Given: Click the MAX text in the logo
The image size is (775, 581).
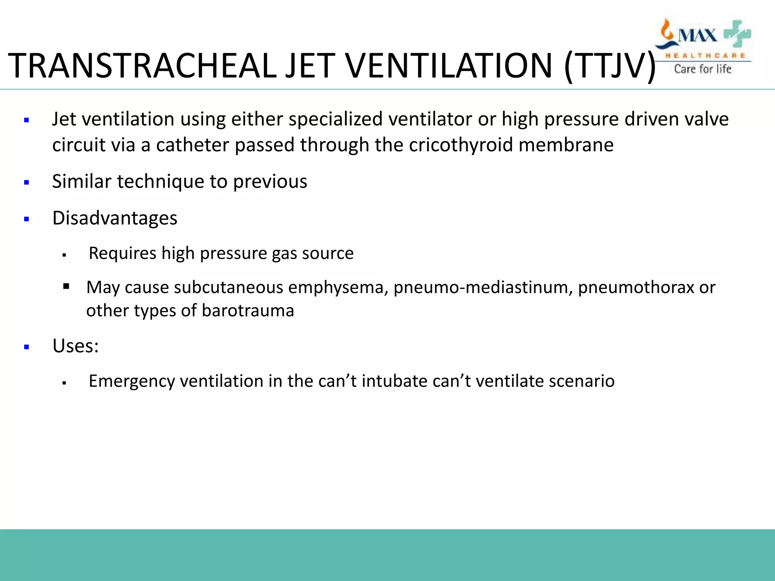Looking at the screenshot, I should pyautogui.click(x=697, y=36).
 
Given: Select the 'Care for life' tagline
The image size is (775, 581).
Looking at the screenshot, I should pyautogui.click(x=702, y=69).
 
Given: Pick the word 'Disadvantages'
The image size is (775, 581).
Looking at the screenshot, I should pyautogui.click(x=115, y=218).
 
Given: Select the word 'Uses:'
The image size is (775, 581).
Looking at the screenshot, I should pyautogui.click(x=75, y=346).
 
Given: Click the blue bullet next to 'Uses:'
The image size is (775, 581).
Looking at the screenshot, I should pyautogui.click(x=26, y=347).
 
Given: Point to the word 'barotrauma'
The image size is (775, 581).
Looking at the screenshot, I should pyautogui.click(x=247, y=311).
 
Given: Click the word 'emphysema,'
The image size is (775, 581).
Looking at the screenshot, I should pyautogui.click(x=338, y=287).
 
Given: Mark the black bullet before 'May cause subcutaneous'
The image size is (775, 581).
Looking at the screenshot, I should pyautogui.click(x=66, y=286).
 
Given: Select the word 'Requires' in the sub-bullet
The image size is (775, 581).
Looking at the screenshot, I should pyautogui.click(x=122, y=253).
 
